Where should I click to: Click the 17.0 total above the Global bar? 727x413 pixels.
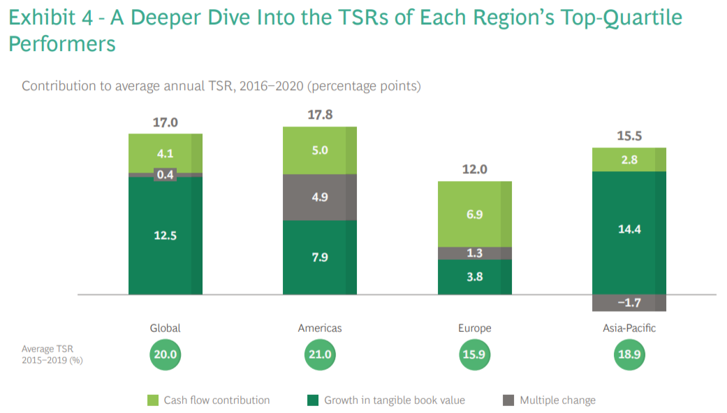[x=166, y=122]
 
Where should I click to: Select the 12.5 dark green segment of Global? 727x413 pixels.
[x=166, y=236]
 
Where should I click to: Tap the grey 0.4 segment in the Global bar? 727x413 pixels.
[x=166, y=175]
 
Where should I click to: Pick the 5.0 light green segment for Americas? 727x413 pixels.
[x=320, y=150]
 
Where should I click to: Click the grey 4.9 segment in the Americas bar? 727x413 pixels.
[x=320, y=197]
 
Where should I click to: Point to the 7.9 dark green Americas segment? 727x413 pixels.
[x=320, y=257]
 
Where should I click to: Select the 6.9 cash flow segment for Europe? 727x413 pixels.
[x=474, y=215]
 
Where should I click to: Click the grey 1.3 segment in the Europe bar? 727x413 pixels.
[x=474, y=253]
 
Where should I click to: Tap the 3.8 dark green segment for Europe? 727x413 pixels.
[x=474, y=277]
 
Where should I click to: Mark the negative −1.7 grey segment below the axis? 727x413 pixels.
[x=629, y=303]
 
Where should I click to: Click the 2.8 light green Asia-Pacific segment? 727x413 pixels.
[x=629, y=159]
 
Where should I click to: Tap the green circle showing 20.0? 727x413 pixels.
[x=166, y=355]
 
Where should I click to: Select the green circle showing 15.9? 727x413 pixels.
[x=474, y=355]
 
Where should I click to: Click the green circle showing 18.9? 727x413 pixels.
[x=629, y=355]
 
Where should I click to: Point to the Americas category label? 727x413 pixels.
[x=320, y=328]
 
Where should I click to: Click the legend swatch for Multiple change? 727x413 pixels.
[x=508, y=400]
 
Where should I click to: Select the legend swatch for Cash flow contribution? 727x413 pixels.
[x=153, y=400]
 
